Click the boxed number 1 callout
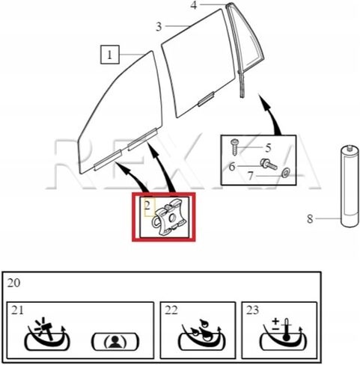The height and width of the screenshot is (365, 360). [x=110, y=55]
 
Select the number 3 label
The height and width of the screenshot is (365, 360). [x=159, y=27]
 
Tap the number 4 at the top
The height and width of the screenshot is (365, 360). [x=194, y=5]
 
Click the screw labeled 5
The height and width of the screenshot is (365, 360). [x=235, y=147]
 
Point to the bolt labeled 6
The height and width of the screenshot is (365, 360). [x=269, y=165]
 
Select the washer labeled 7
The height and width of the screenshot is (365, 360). [x=285, y=172]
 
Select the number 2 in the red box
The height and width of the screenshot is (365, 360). [x=147, y=206]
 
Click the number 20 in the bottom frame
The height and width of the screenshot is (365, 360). [x=13, y=283]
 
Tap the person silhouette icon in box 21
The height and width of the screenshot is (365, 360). [x=115, y=341]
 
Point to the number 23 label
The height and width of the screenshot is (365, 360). [x=252, y=310]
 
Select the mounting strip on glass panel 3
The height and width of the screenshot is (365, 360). [x=206, y=99]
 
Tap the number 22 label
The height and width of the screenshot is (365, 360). [x=171, y=310]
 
